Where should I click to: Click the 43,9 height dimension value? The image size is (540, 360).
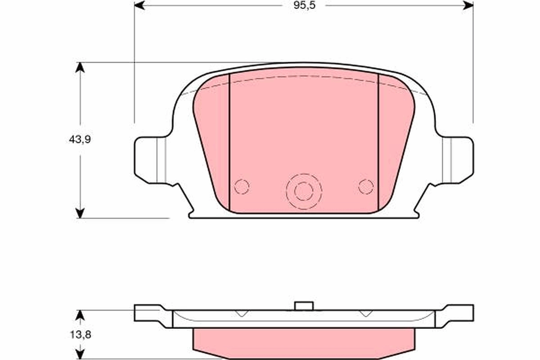click(80, 139)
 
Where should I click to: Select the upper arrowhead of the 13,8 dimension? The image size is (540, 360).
click(80, 315)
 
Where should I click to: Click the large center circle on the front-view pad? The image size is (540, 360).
click(304, 191)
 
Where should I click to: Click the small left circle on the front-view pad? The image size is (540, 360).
click(242, 186)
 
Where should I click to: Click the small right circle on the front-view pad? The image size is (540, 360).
click(366, 186)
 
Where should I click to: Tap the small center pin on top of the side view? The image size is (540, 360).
click(304, 306)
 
